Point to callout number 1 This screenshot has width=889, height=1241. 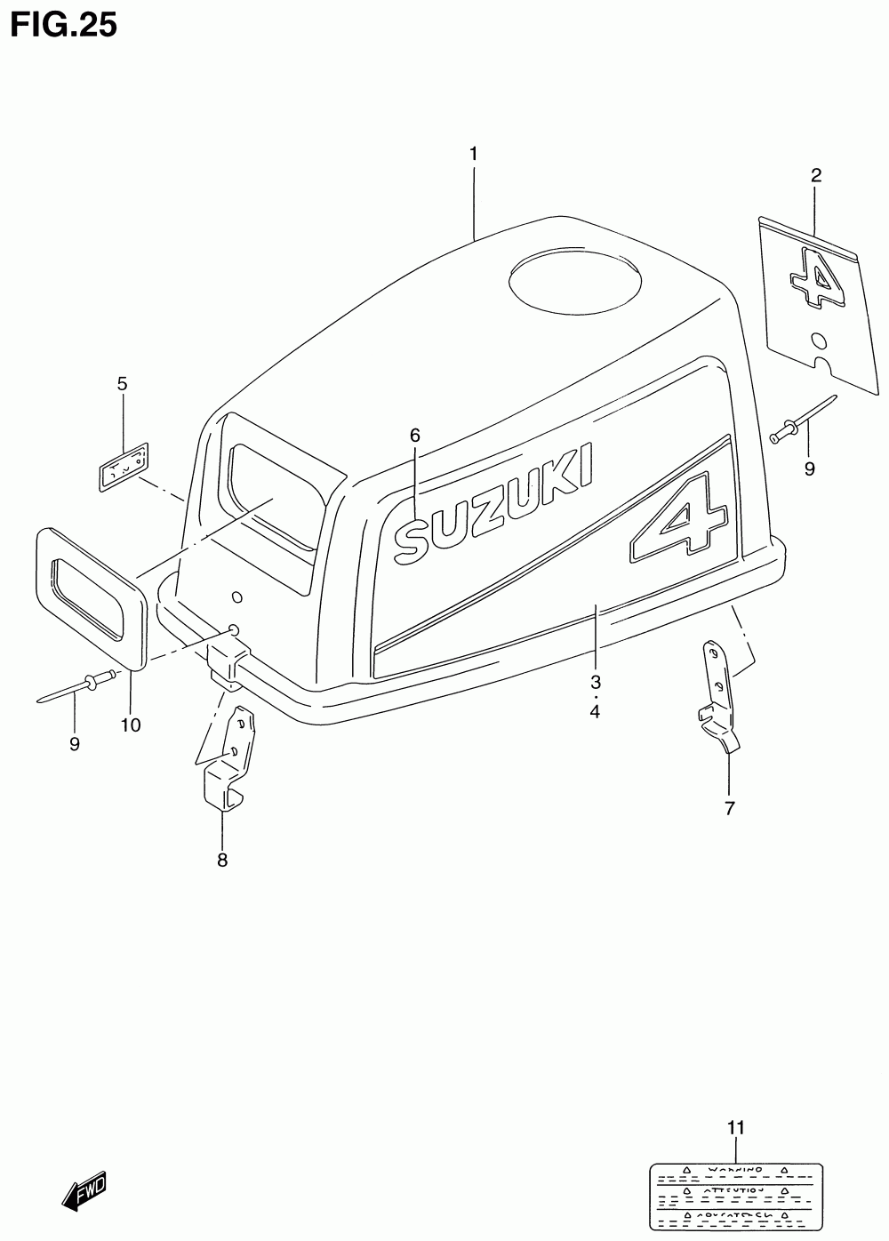pos(474,154)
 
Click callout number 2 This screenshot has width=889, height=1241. pos(815,175)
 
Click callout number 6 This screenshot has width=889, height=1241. pos(414,436)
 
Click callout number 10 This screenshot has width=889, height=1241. pos(131,725)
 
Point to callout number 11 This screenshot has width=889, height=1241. pos(734,1128)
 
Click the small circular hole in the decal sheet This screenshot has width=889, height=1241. pos(820,340)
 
